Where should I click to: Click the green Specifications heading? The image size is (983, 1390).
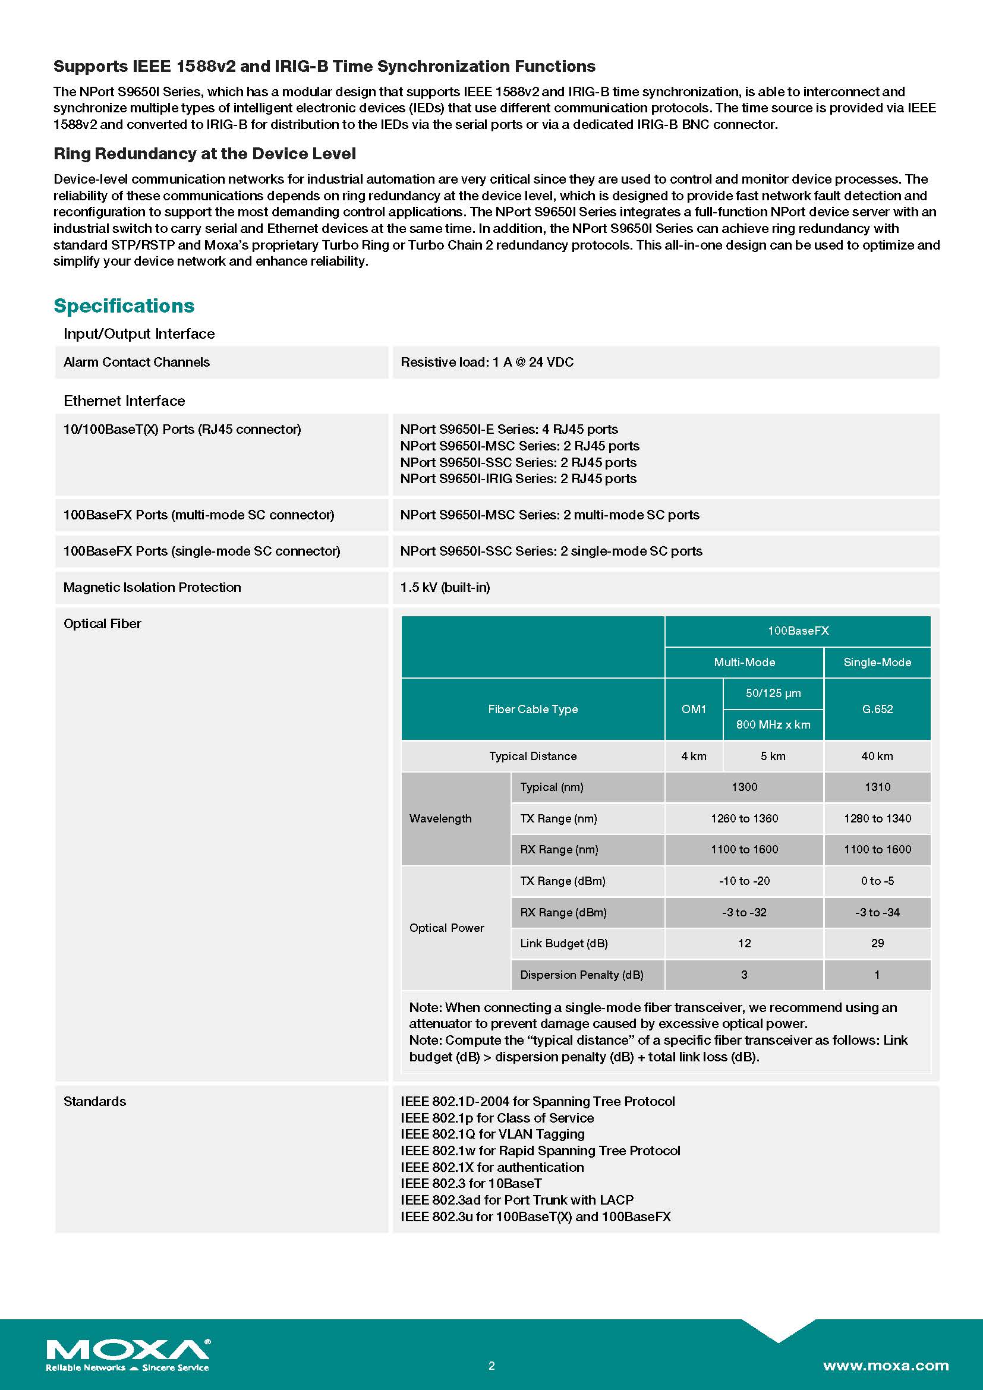(124, 305)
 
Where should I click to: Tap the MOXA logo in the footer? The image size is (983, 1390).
(128, 1354)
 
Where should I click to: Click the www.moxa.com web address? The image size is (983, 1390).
(886, 1365)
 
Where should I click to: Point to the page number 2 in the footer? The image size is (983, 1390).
(491, 1365)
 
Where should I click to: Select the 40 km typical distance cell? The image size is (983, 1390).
(877, 756)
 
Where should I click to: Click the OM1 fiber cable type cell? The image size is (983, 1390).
(694, 709)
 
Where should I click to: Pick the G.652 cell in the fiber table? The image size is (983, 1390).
(877, 709)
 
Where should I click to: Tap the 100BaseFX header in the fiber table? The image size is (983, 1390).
(798, 631)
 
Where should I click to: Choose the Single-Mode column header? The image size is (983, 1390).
(877, 662)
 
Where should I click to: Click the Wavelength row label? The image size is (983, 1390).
(440, 818)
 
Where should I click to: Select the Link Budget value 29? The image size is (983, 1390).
(877, 943)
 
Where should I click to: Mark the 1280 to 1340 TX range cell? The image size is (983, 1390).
(877, 818)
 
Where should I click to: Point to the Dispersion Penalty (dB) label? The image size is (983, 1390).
(582, 975)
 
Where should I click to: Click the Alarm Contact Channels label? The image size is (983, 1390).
(137, 362)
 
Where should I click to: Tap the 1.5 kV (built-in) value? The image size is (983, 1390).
(446, 587)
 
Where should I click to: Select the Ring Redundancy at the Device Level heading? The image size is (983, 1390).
(204, 154)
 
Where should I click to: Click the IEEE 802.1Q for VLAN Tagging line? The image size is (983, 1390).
(493, 1134)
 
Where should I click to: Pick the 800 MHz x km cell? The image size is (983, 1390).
(773, 724)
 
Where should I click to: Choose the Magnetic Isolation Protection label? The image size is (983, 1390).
(153, 587)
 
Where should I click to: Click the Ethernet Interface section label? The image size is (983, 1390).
(125, 401)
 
